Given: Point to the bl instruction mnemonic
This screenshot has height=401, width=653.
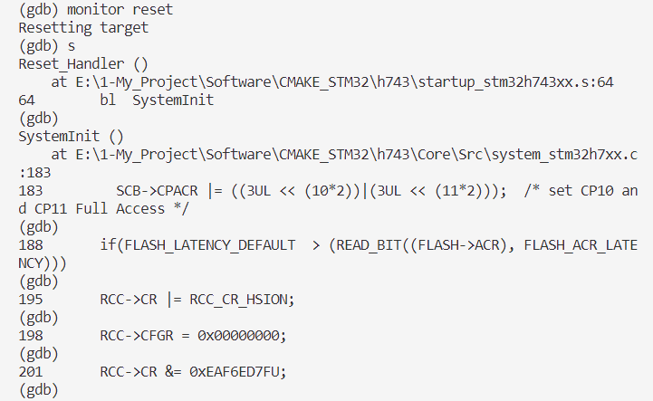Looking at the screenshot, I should point(108,100).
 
